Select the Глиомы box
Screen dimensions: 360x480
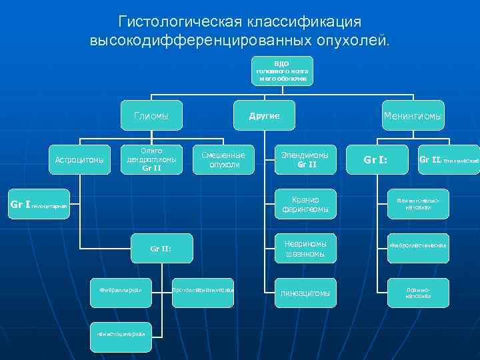151,116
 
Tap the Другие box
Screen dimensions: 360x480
264,116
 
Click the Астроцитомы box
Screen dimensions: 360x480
79,160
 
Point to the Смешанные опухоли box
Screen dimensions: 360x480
223,159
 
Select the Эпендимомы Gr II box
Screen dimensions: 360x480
305,159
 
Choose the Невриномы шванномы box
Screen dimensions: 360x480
305,248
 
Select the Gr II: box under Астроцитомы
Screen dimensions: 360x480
161,249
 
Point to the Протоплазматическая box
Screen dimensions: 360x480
203,289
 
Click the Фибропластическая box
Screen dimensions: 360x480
418,248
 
